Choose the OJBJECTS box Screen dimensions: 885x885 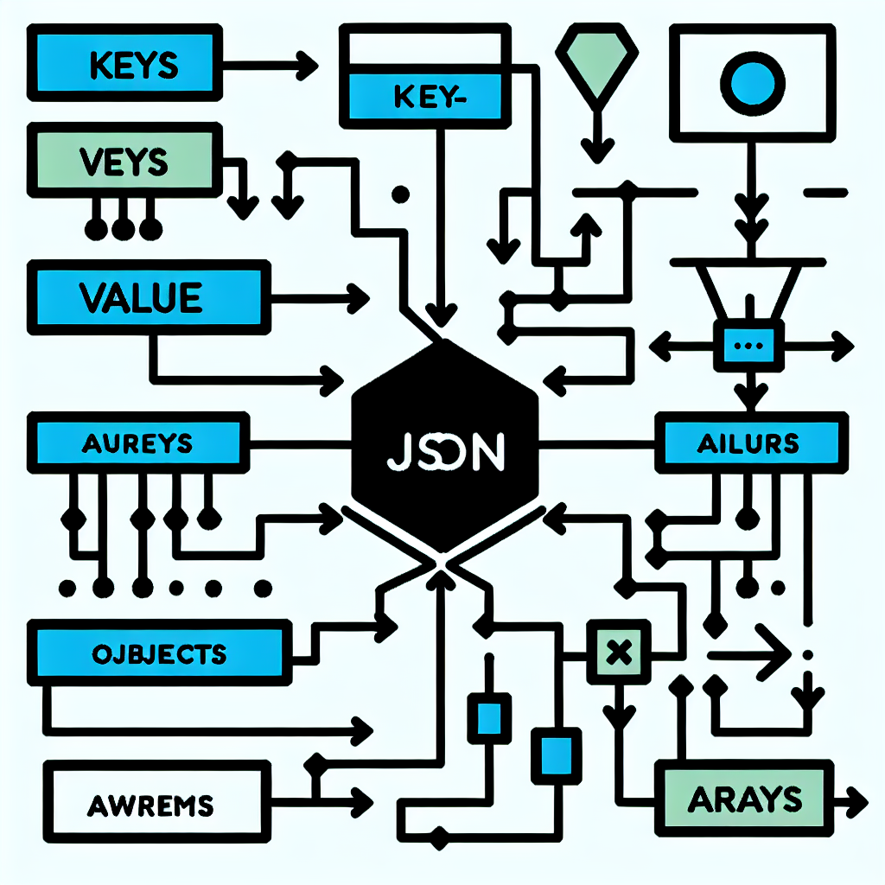157,653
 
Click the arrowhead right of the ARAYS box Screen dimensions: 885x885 858,799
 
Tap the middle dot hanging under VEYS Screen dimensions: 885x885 122,229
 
